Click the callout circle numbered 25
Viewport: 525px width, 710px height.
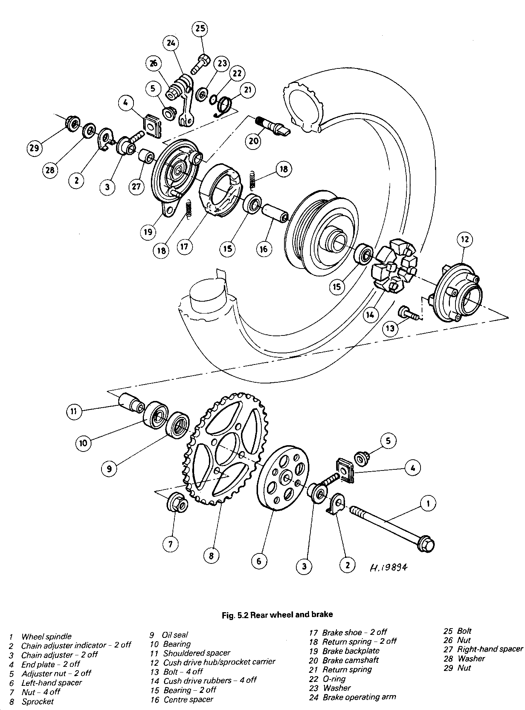[200, 29]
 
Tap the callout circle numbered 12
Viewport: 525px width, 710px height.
[465, 239]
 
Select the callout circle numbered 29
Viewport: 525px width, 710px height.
[35, 148]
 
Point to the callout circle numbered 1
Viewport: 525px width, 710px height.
[428, 504]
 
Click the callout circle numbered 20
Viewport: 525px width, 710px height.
[253, 141]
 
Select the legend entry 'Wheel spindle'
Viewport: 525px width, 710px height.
[46, 636]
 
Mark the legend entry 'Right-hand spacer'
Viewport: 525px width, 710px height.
[490, 649]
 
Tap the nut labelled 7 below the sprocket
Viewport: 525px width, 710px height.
[177, 503]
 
